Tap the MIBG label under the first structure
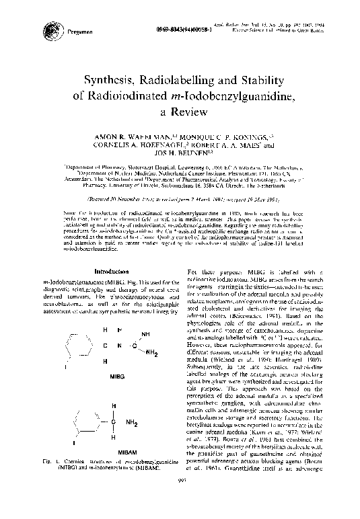117,377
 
